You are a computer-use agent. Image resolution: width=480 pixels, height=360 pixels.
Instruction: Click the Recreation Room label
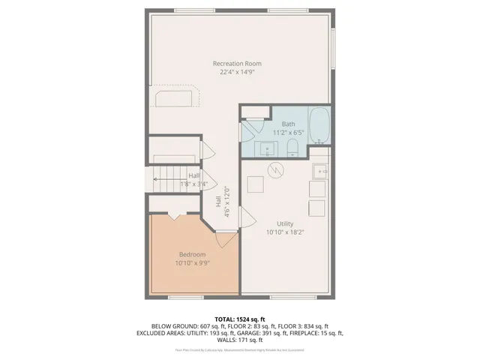pyautogui.click(x=237, y=63)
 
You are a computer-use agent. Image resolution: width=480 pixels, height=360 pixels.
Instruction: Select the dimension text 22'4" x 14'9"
pyautogui.click(x=237, y=73)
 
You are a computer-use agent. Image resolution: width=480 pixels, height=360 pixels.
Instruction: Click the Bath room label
pyautogui.click(x=289, y=123)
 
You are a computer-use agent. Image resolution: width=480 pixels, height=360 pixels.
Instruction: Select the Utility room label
pyautogui.click(x=284, y=223)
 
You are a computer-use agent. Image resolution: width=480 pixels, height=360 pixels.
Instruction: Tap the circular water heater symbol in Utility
pyautogui.click(x=275, y=170)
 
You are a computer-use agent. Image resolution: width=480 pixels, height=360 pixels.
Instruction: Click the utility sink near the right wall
pyautogui.click(x=320, y=172)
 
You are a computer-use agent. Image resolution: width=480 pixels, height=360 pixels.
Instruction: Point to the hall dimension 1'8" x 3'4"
pyautogui.click(x=193, y=184)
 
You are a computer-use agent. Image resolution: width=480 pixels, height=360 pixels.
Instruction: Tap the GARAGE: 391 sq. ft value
pyautogui.click(x=253, y=333)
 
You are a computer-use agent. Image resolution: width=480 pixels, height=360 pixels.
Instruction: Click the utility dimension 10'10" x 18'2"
pyautogui.click(x=284, y=232)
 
